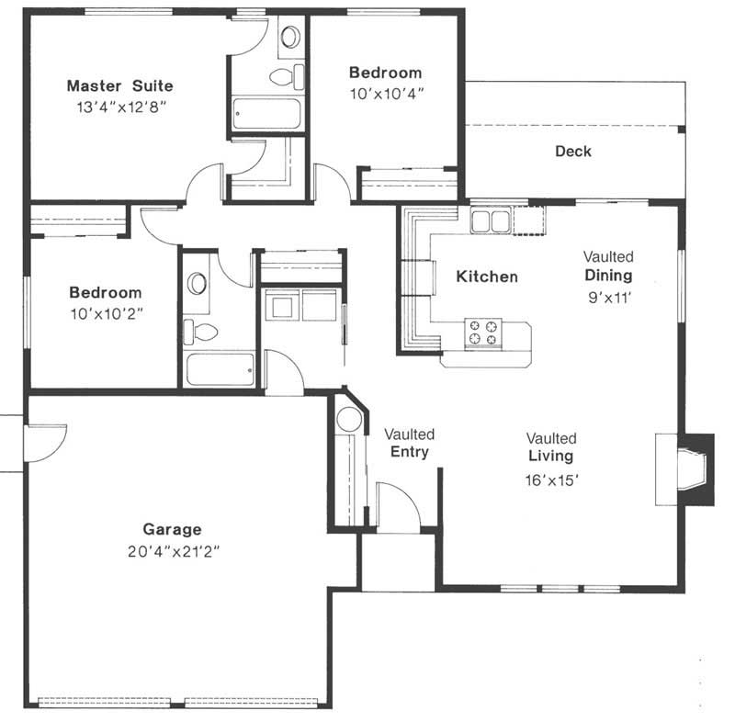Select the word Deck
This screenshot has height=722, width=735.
coord(573,152)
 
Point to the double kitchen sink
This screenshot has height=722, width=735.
coord(491,220)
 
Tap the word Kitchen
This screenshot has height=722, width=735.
coord(487,276)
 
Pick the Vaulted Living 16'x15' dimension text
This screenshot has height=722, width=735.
coord(551,479)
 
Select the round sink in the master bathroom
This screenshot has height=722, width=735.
coord(289,38)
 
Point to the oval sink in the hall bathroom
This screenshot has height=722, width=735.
coord(198,282)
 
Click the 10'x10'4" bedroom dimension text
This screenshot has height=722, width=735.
coord(386,93)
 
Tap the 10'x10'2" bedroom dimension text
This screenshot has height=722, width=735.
coord(106,313)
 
